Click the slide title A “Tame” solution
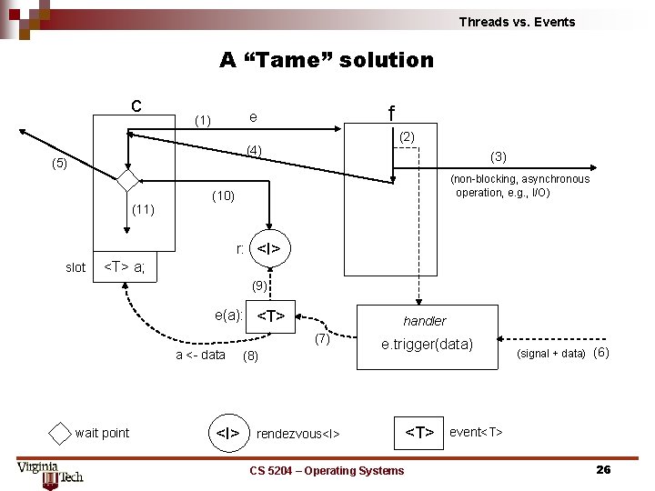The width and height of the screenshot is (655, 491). [x=327, y=60]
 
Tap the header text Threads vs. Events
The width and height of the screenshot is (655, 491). [x=517, y=22]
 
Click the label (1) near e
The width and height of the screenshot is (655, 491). [x=203, y=120]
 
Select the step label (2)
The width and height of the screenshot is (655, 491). [x=407, y=136]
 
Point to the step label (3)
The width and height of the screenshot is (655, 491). [x=499, y=155]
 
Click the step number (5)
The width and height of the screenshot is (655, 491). [x=59, y=165]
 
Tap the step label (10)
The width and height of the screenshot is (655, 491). [x=223, y=195]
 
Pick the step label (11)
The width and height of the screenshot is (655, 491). [x=145, y=209]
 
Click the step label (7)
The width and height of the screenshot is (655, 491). [x=322, y=339]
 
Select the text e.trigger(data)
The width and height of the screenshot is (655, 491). [x=427, y=345]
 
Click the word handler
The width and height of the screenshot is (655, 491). [x=425, y=321]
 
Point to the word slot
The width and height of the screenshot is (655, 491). [x=76, y=267]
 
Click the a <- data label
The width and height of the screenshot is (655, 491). [x=200, y=355]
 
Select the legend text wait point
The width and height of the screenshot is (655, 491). [x=102, y=433]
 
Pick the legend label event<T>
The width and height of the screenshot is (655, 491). [x=476, y=431]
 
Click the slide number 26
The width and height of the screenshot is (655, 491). [x=602, y=470]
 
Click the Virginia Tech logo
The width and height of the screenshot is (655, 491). [x=50, y=473]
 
